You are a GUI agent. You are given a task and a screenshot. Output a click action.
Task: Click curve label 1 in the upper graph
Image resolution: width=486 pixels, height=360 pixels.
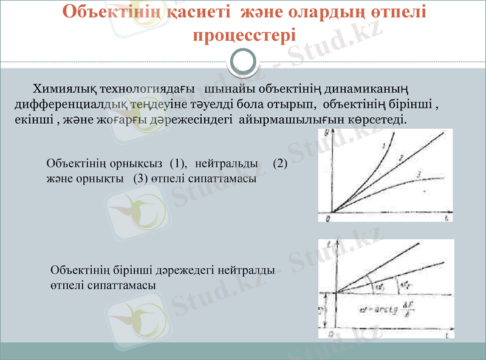pyautogui.click(x=385, y=145)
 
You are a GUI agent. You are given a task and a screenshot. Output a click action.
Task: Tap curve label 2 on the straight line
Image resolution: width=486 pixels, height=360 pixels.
pyautogui.click(x=402, y=158)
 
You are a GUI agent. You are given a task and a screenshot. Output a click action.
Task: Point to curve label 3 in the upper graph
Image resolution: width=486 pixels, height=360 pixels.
pyautogui.click(x=420, y=175)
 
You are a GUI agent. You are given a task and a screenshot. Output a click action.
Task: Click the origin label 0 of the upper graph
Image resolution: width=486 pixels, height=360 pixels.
pyautogui.click(x=327, y=217)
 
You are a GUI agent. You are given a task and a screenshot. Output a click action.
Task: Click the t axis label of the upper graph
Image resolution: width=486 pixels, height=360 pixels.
pyautogui.click(x=447, y=217)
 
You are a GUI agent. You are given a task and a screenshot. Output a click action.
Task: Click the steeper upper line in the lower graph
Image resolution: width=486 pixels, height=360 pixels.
pyautogui.click(x=389, y=262)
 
